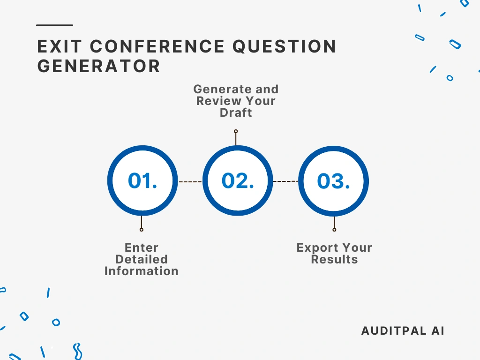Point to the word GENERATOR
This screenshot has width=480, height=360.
[99, 66]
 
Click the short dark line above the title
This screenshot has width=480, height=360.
[54, 25]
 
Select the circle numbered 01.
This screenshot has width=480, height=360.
[142, 181]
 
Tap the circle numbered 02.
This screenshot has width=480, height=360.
[238, 181]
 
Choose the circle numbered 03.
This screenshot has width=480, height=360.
[333, 181]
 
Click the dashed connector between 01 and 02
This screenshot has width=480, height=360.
[190, 181]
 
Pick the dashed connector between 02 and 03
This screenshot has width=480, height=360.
[285, 181]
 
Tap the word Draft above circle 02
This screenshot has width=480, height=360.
[236, 113]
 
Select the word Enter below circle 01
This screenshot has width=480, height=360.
[142, 247]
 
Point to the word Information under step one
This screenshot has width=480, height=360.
[142, 271]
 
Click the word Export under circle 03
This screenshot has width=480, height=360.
[315, 247]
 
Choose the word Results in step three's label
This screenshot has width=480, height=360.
[334, 259]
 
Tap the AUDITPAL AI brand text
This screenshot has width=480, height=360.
[403, 330]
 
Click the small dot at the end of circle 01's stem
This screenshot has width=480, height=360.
[142, 230]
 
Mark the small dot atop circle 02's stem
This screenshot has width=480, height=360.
[236, 132]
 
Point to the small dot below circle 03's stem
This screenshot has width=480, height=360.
[334, 230]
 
